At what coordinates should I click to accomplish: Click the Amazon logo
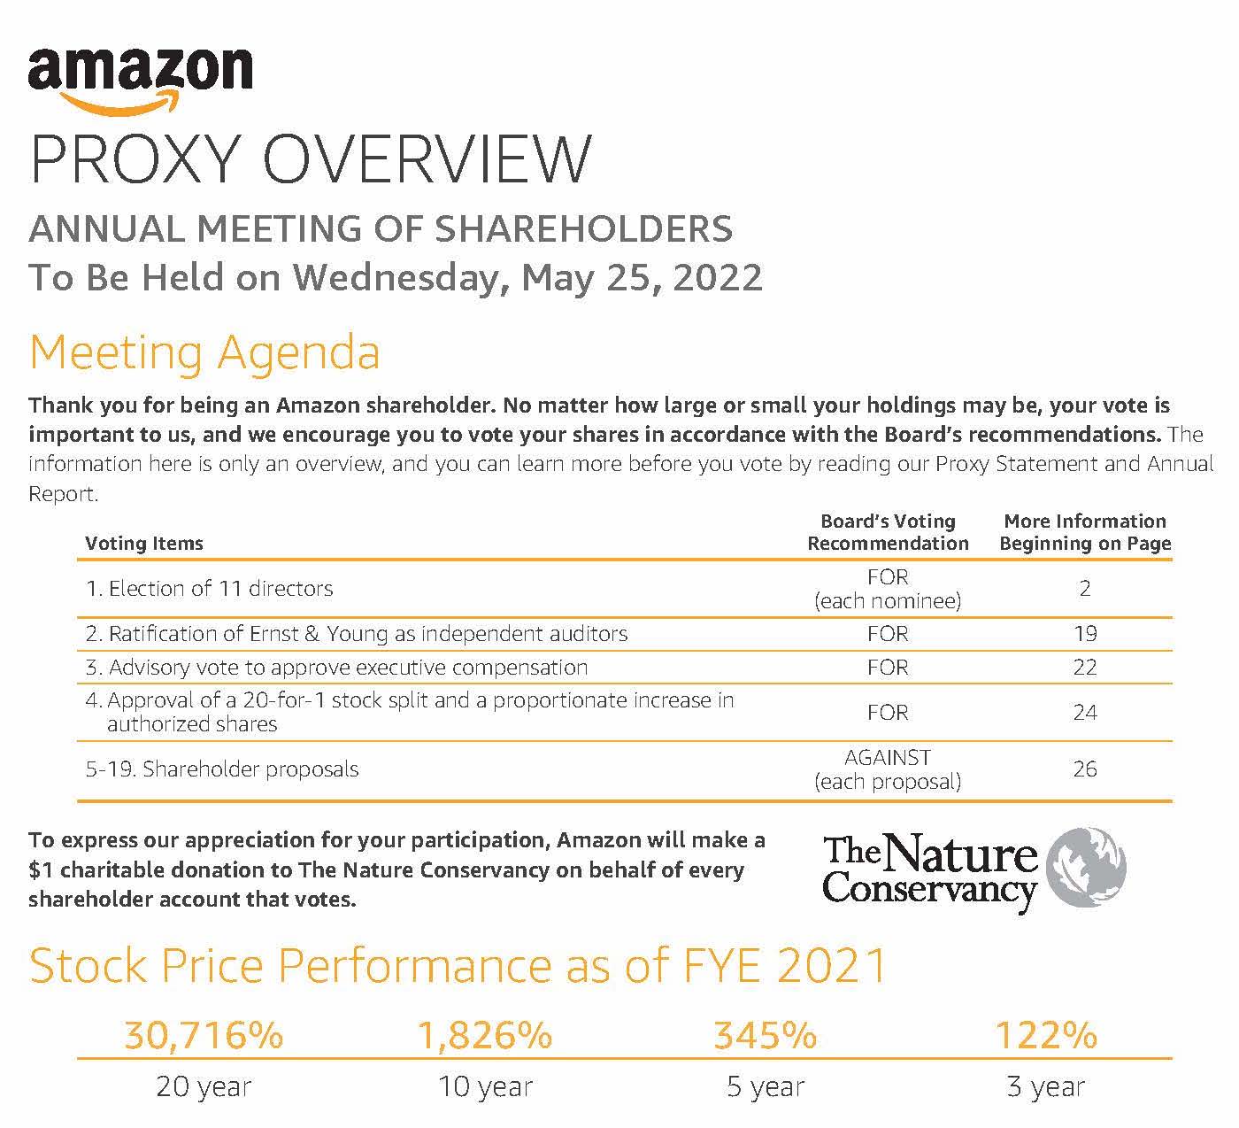click(140, 77)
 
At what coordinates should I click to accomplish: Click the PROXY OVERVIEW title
click(310, 159)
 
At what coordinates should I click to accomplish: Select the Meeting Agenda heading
click(204, 352)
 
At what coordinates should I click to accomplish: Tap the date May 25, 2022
click(642, 277)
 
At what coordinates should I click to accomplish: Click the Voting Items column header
click(144, 544)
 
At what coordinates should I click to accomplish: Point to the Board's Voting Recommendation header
click(888, 532)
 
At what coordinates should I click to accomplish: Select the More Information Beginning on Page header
click(1085, 532)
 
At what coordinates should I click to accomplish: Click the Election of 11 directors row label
click(210, 589)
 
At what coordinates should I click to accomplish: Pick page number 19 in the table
click(1085, 634)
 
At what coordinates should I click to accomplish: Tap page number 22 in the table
click(1085, 668)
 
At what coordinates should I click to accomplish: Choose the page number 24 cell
click(1085, 713)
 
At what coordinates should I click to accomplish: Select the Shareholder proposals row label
click(222, 769)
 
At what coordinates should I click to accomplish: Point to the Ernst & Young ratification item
click(357, 634)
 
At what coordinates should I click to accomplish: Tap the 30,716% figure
click(204, 1034)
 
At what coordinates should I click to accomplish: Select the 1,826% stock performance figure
click(485, 1034)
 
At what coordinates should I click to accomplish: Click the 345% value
click(766, 1034)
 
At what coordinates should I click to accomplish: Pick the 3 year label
click(1046, 1087)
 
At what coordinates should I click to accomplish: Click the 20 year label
click(204, 1087)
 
